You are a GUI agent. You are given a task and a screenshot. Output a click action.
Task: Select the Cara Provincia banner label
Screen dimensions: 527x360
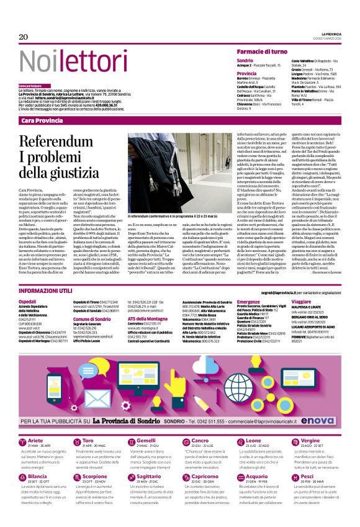[x=44, y=120]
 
